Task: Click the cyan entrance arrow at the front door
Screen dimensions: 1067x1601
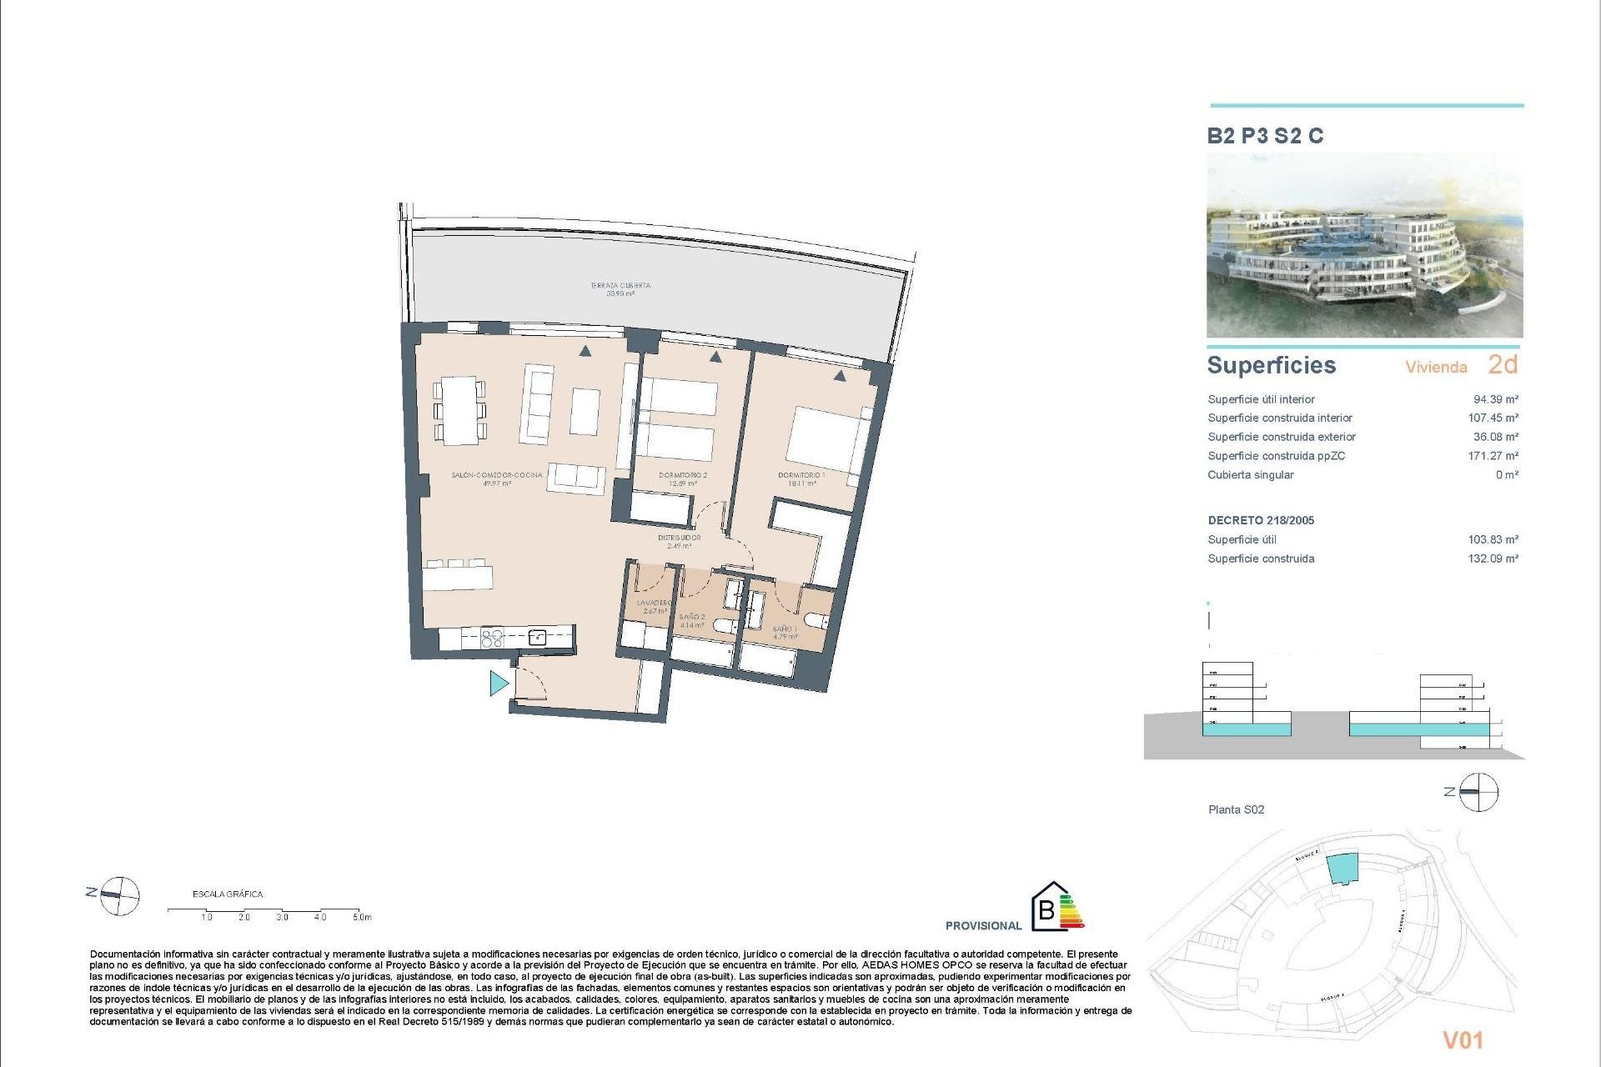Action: click(x=499, y=684)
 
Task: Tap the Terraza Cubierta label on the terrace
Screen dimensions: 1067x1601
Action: click(x=620, y=288)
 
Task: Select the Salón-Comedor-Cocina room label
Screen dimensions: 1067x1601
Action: click(x=497, y=478)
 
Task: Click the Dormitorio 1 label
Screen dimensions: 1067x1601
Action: click(x=801, y=478)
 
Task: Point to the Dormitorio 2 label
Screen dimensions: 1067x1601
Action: click(x=683, y=478)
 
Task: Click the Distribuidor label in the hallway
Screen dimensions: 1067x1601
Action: click(x=679, y=542)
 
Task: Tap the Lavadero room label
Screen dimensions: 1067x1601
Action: click(x=654, y=606)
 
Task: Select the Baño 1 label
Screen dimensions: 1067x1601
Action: click(x=785, y=633)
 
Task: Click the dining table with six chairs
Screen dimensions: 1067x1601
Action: click(x=459, y=410)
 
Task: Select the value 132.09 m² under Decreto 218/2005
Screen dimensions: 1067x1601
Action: click(x=1493, y=559)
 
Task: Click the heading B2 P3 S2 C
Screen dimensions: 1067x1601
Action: click(x=1265, y=136)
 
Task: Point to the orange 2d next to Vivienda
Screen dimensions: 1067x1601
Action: click(x=1503, y=364)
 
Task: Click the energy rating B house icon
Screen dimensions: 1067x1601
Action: click(x=1047, y=907)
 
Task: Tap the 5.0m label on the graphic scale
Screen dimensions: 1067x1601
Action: click(x=362, y=917)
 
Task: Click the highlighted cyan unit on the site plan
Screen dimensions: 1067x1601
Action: click(x=1342, y=869)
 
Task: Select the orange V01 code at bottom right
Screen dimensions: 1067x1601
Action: click(x=1463, y=1039)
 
